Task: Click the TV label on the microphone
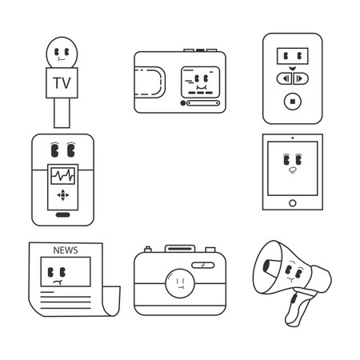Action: [62, 82]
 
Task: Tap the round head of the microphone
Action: [62, 53]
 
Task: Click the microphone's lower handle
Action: [62, 113]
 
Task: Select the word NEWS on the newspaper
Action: [66, 250]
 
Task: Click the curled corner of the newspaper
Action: [112, 301]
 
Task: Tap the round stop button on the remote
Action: [293, 102]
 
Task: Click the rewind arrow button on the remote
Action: [285, 78]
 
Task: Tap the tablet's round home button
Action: [293, 203]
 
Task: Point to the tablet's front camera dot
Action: [293, 138]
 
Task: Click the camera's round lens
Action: [180, 283]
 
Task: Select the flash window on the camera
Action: [203, 265]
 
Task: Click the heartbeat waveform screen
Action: [63, 176]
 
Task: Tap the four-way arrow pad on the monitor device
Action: [63, 195]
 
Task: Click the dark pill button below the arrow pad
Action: [63, 215]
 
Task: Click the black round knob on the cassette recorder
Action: [182, 103]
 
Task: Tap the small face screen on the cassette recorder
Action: [201, 82]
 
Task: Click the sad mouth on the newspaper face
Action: [58, 282]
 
